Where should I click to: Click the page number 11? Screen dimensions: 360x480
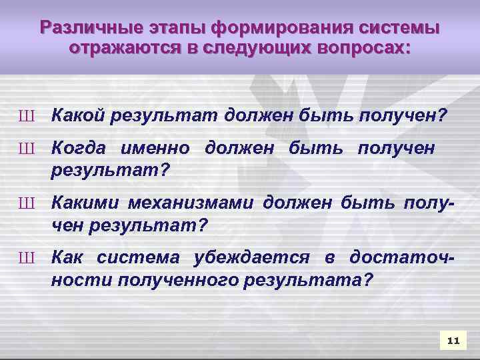454,341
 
